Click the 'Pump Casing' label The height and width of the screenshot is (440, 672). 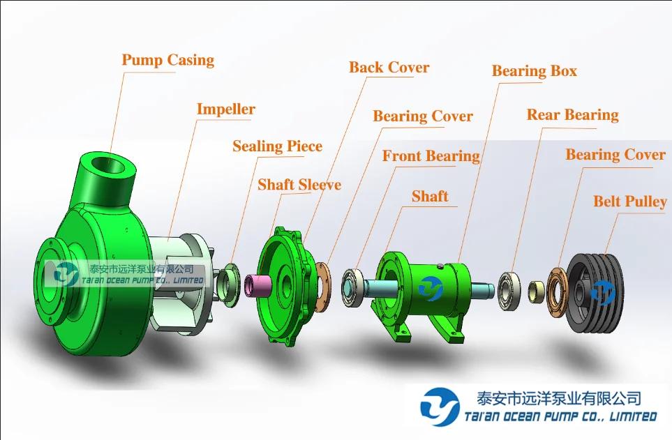pos(168,60)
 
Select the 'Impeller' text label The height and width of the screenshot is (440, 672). pos(225,109)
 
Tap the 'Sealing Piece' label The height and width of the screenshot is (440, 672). pos(277,146)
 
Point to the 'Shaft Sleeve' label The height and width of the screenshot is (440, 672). pos(299,185)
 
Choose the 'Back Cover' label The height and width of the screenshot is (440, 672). pos(389,68)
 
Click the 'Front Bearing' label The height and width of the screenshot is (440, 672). pos(431,156)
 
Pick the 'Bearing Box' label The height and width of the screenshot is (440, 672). pos(535,71)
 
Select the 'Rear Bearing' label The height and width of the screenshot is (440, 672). pos(572,115)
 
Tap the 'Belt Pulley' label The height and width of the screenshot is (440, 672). pos(630,202)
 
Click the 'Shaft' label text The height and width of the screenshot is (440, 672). pos(430,197)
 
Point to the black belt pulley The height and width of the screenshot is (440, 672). pos(597,292)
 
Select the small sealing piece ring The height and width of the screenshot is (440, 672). pos(228,285)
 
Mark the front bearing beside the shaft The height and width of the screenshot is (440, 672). pos(353,287)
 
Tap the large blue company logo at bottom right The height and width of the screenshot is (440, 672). pos(440,407)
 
